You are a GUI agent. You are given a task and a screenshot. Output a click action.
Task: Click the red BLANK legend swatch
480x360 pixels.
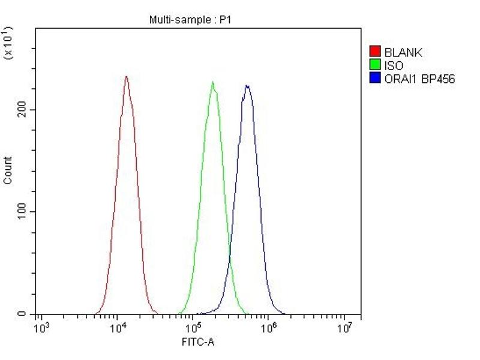(x=376, y=52)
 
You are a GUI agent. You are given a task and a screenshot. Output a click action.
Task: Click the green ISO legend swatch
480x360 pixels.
(x=376, y=65)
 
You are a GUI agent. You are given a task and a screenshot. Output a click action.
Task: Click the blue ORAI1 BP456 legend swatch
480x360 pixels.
(x=376, y=79)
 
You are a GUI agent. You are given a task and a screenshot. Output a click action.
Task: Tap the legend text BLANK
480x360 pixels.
(x=403, y=53)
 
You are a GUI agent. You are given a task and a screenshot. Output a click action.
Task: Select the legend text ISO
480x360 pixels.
(x=394, y=66)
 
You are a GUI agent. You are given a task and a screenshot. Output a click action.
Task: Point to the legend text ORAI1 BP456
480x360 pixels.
(x=419, y=79)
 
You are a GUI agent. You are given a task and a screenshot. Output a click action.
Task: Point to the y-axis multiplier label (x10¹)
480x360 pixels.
(x=8, y=42)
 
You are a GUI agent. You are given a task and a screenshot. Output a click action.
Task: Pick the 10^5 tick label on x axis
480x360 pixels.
(x=193, y=328)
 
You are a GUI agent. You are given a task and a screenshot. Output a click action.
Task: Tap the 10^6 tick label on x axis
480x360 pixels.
(x=269, y=328)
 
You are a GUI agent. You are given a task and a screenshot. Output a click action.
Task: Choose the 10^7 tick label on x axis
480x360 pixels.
(x=344, y=328)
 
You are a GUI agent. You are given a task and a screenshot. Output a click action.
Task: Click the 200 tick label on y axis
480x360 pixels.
(x=23, y=110)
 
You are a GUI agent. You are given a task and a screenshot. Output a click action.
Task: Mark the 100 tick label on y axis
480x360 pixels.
(x=23, y=212)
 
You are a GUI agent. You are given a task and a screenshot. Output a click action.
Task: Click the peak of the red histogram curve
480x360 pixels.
(x=126, y=76)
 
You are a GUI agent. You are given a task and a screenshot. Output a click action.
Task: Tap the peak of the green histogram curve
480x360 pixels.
(x=212, y=82)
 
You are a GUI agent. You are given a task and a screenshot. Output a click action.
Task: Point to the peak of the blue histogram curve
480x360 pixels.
(x=247, y=85)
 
